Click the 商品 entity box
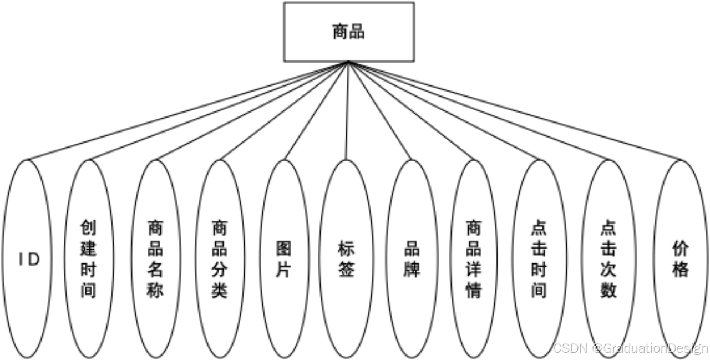coord(348,32)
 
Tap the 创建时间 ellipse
coord(89,259)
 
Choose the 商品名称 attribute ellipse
coord(155,259)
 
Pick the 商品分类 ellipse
coord(220,259)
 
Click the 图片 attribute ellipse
coord(283,259)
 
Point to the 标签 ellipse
coord(346,259)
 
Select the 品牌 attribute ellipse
coord(412,259)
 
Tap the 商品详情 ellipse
coord(473,259)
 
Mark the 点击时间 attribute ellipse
coord(539,259)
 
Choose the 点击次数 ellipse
coord(608,259)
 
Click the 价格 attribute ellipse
coord(680,259)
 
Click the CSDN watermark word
coord(569,348)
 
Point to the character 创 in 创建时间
coord(89,228)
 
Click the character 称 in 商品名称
coord(155,290)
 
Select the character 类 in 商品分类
coord(220,290)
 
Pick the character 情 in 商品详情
coord(473,290)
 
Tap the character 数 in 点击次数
coord(608,290)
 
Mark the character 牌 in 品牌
coord(412,270)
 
